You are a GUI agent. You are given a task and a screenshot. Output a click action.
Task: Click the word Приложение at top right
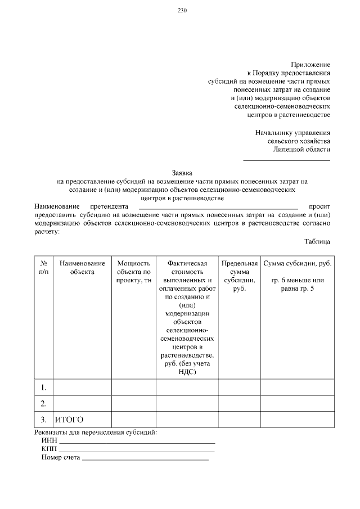click(310, 65)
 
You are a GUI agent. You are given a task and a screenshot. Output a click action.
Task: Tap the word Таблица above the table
click(317, 241)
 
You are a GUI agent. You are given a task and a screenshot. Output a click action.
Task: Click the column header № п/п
click(44, 267)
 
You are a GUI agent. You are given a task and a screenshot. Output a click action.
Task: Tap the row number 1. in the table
click(44, 388)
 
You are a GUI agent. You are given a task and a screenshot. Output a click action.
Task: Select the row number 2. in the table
click(44, 404)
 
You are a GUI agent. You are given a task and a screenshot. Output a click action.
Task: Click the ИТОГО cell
click(69, 420)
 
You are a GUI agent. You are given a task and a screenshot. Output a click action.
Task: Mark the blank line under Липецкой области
click(286, 160)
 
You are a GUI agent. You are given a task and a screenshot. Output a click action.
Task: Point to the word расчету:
click(47, 231)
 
